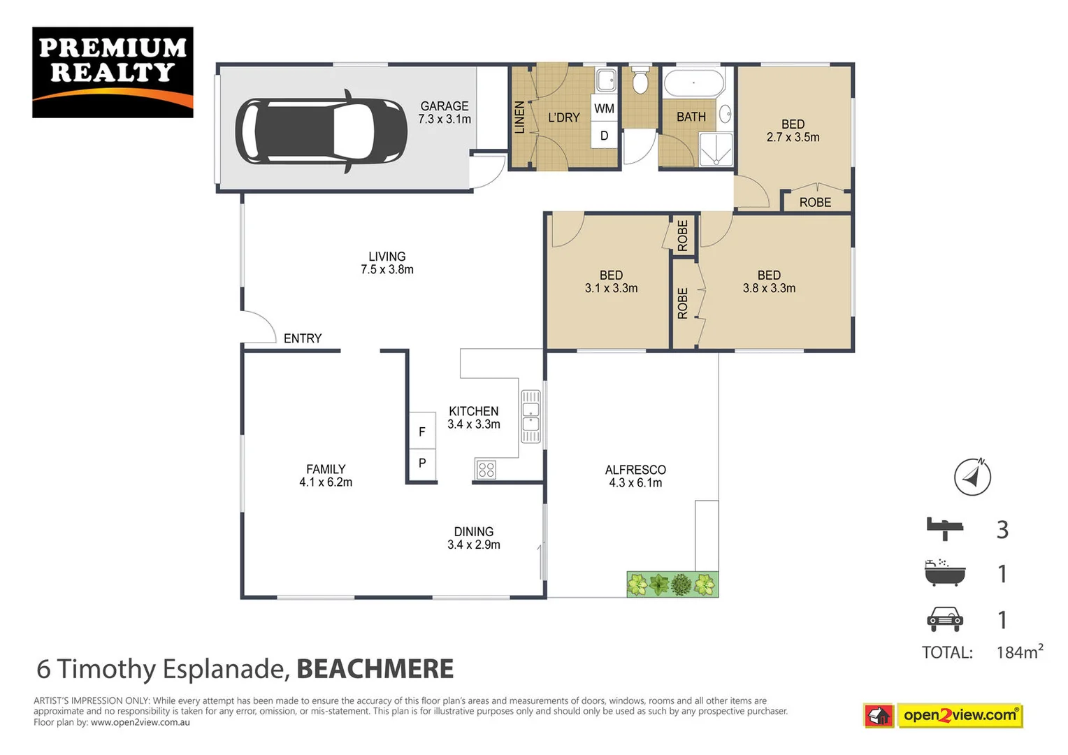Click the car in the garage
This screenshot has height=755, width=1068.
click(x=321, y=131)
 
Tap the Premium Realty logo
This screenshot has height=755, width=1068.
click(x=113, y=72)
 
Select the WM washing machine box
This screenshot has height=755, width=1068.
click(x=605, y=108)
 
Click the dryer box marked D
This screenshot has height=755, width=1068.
click(x=605, y=136)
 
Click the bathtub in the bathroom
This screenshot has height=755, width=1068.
click(x=693, y=83)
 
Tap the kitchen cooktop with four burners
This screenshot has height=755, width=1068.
click(x=486, y=470)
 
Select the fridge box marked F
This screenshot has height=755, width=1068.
click(x=422, y=431)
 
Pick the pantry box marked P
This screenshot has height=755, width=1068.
click(x=422, y=463)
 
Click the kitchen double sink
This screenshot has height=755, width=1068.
click(x=531, y=416)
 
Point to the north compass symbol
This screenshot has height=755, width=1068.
click(x=972, y=477)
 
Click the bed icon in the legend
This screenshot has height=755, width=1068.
click(x=944, y=528)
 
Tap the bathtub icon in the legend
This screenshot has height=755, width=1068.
click(x=944, y=573)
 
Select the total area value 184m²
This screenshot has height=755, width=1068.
click(x=1019, y=652)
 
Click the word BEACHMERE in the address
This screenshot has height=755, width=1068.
click(x=375, y=669)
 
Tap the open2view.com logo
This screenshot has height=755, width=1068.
click(x=959, y=715)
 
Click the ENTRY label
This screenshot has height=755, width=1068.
click(x=303, y=338)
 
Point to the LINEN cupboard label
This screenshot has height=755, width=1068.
click(x=519, y=117)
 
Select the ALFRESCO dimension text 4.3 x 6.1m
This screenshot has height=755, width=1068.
click(x=635, y=483)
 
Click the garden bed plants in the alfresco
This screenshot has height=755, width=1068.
click(x=672, y=584)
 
